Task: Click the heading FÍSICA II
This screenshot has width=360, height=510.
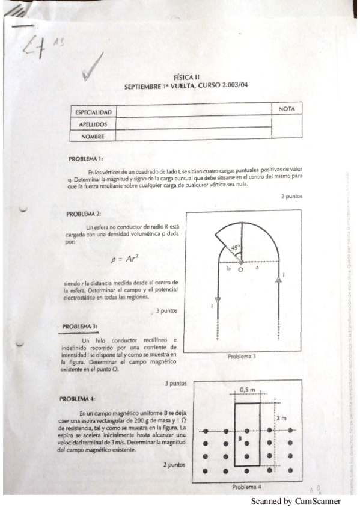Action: pos(186,78)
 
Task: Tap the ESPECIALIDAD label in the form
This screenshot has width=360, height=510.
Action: pos(93,112)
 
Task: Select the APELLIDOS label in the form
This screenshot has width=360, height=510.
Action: pos(93,124)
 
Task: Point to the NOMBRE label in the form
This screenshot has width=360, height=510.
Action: pos(93,137)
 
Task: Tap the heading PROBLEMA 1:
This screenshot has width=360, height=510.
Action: pos(85,159)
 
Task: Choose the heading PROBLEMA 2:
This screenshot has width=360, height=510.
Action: pos(84,214)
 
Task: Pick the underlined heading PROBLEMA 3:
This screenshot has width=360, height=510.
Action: pos(80,327)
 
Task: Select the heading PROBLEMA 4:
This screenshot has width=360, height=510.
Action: pos(77,399)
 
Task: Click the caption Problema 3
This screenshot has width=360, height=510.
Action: pos(242,357)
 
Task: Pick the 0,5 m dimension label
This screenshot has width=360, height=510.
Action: pos(247,390)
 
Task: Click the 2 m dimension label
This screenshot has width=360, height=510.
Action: pos(283,417)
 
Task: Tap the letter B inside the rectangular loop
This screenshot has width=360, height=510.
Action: pos(239,440)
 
